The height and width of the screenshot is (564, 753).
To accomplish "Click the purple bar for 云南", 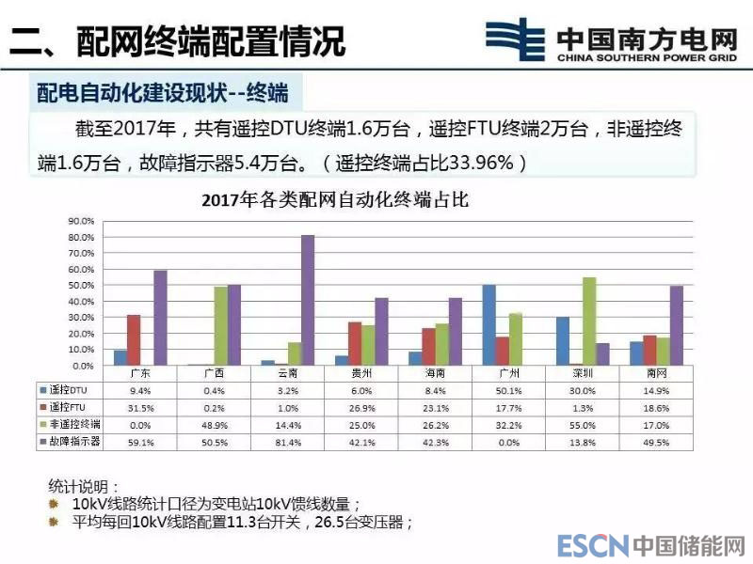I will click(x=308, y=300).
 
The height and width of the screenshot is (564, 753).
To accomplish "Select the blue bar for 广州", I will click(x=489, y=324).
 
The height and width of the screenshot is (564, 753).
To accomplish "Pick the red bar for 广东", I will click(x=134, y=339).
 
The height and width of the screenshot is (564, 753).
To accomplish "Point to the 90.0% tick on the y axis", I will click(x=81, y=221).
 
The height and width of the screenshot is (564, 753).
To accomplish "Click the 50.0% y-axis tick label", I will click(x=81, y=285).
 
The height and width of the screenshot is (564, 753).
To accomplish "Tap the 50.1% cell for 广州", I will click(x=507, y=389).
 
